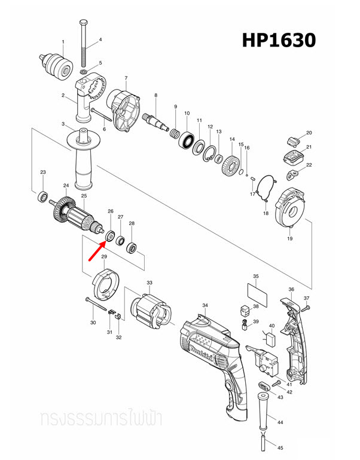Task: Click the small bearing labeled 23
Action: (x=43, y=195)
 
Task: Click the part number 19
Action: (x=289, y=239)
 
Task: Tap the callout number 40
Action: (x=271, y=326)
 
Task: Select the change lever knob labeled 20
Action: (x=292, y=141)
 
